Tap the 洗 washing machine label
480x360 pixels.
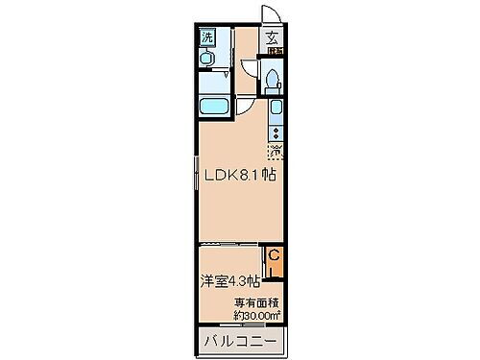click(x=205, y=37)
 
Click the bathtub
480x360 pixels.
click(x=214, y=108)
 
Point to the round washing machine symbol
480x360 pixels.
click(x=205, y=57)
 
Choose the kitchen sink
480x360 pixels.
click(x=276, y=109)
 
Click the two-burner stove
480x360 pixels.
click(x=276, y=132)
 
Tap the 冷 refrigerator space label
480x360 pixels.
click(x=276, y=151)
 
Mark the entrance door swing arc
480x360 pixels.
click(x=272, y=16)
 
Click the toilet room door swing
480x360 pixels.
click(x=249, y=73)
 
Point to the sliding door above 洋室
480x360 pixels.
click(x=230, y=246)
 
